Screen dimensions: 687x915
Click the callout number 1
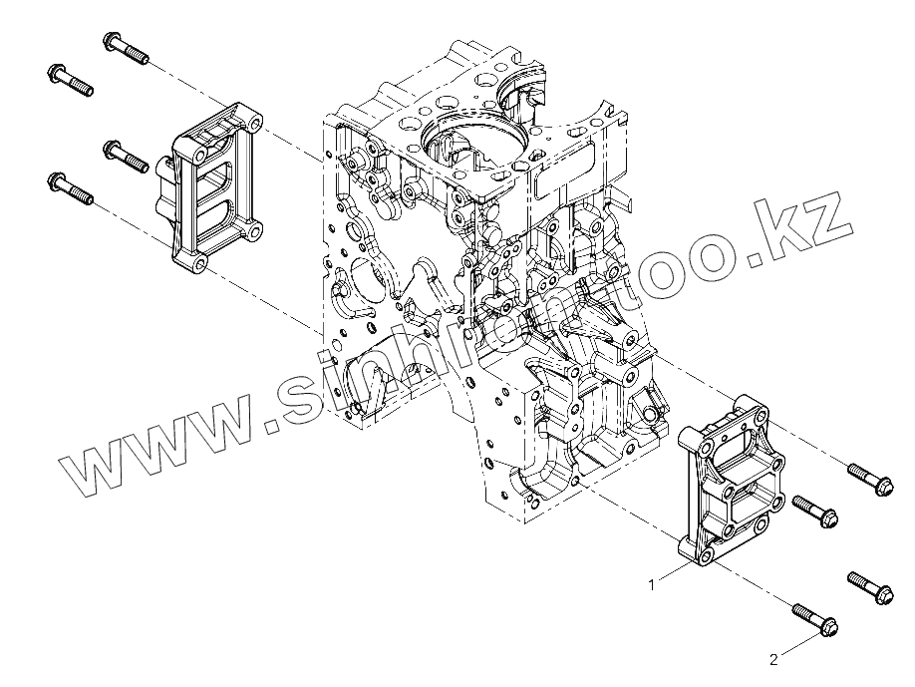(x=652, y=585)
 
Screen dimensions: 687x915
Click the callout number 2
(x=773, y=659)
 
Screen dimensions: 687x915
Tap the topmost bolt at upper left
(x=125, y=47)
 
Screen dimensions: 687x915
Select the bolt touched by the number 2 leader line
(x=814, y=617)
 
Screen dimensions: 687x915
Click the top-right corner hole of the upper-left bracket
(x=255, y=125)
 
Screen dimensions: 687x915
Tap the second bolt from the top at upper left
(x=70, y=79)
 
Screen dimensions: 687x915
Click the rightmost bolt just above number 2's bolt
(x=870, y=587)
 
